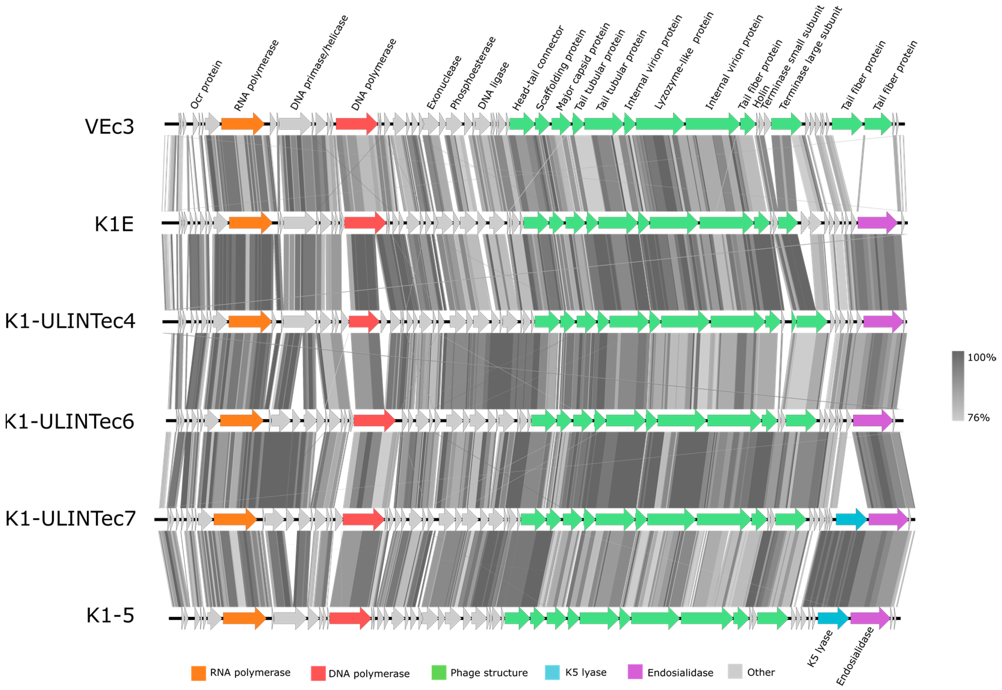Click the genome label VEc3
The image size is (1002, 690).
tap(110, 127)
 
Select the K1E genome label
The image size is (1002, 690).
tap(114, 224)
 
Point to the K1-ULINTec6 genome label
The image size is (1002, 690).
tap(69, 421)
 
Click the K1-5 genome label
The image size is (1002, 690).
tap(110, 616)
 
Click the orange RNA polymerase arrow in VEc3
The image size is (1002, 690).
tap(243, 124)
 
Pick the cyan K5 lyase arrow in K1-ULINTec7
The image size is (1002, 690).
tap(851, 519)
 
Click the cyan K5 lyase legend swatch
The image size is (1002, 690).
tap(552, 672)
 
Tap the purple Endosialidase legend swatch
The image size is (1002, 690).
tap(635, 672)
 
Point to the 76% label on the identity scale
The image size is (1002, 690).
tap(978, 417)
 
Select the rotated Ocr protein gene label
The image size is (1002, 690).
tap(206, 85)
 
